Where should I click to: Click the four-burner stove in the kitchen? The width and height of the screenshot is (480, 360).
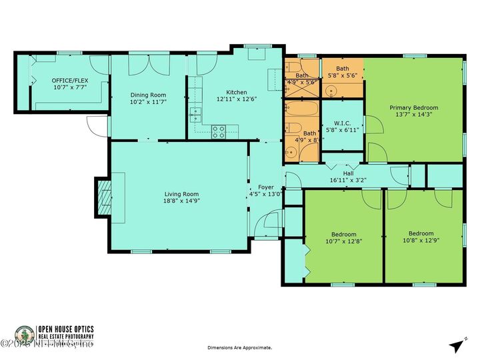(x=219, y=131)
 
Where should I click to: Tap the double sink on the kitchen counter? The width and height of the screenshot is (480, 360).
(x=195, y=113)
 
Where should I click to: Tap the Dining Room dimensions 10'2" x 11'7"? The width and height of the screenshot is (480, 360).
(x=148, y=103)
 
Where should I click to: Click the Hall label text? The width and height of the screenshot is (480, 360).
(x=349, y=173)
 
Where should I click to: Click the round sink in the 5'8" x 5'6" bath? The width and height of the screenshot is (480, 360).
(x=331, y=91)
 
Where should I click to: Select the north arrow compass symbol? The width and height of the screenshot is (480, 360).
(x=456, y=345)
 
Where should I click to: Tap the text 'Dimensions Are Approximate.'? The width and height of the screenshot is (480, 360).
(x=240, y=347)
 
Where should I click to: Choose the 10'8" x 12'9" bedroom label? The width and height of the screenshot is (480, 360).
(x=423, y=237)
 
